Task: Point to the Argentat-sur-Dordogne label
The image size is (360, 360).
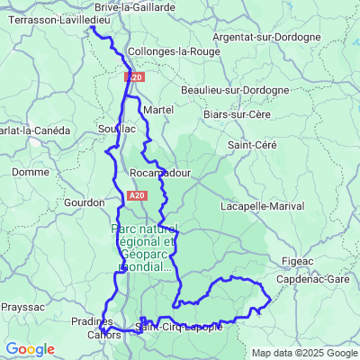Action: [267, 37]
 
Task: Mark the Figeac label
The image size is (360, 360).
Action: [293, 261]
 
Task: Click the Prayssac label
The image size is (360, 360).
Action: [22, 306]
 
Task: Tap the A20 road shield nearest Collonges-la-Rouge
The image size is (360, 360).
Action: [134, 78]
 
